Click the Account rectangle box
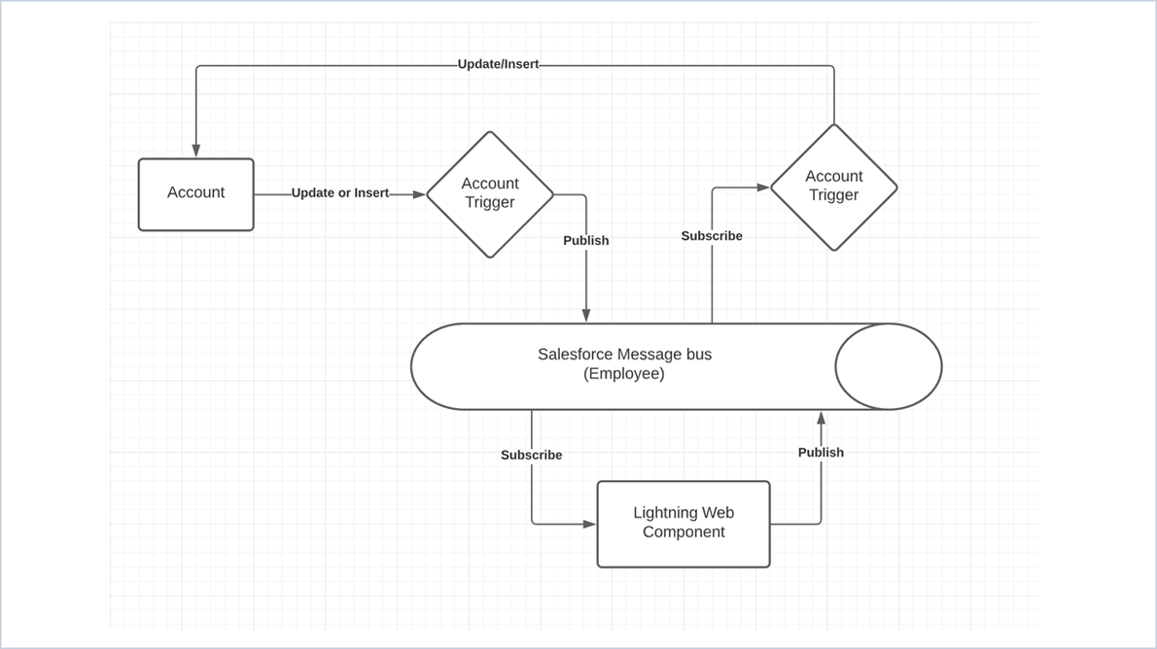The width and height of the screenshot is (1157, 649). (x=195, y=194)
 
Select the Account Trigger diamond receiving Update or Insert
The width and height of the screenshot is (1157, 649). (x=490, y=194)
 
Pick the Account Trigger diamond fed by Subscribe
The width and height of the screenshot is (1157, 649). (x=833, y=187)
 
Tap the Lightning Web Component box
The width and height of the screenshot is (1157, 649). (x=684, y=524)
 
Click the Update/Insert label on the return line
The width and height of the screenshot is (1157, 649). (x=498, y=64)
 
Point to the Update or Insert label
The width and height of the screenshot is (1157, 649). (x=340, y=193)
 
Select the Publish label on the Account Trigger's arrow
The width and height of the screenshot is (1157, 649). (x=585, y=240)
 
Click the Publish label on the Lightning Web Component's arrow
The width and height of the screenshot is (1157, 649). (x=821, y=452)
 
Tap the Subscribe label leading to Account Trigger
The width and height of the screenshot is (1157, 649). (x=712, y=236)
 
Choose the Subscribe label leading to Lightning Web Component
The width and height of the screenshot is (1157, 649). (x=531, y=455)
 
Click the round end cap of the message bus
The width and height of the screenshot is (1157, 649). (x=888, y=366)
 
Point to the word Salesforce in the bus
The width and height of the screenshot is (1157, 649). (x=573, y=355)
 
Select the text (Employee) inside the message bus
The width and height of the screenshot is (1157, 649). (x=624, y=374)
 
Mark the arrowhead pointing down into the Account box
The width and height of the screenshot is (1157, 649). (x=195, y=151)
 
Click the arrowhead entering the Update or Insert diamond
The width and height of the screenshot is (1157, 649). (x=419, y=194)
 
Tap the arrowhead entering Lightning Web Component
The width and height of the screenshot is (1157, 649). (x=589, y=524)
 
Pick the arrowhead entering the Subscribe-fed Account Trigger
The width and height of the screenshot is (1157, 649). (x=763, y=188)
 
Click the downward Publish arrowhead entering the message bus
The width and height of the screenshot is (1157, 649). (x=585, y=316)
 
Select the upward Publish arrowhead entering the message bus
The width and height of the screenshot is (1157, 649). (x=821, y=418)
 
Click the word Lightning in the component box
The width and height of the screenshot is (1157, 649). (x=665, y=513)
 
